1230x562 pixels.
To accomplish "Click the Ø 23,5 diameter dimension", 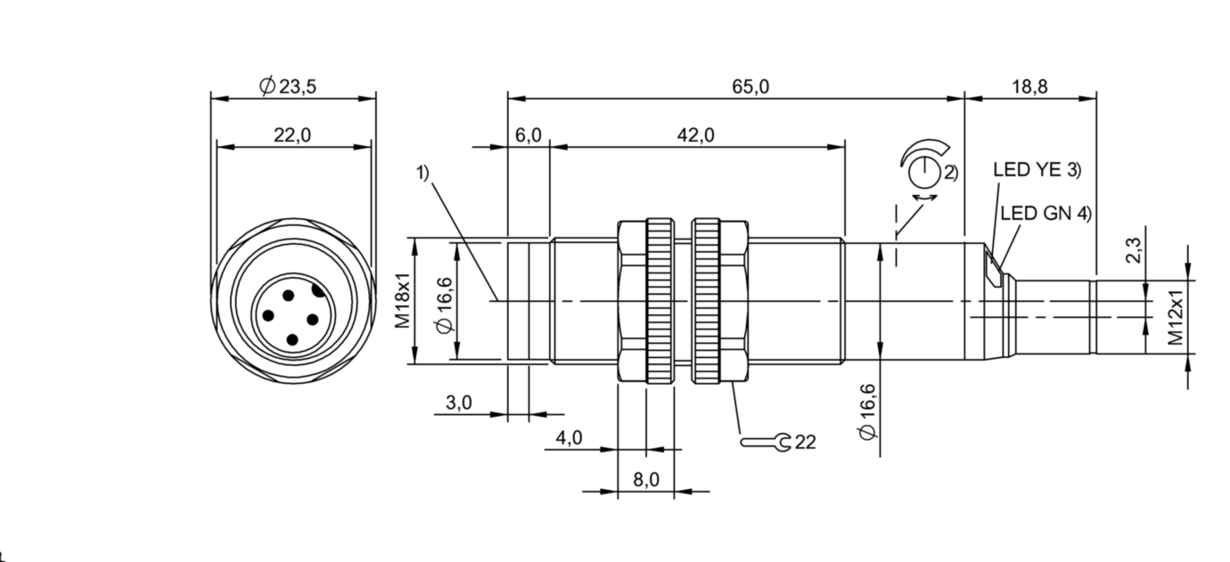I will tap(288, 86).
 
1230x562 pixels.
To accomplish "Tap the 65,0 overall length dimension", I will tap(750, 86).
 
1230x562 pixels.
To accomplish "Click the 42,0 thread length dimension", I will tap(695, 135).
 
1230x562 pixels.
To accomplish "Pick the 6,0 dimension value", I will tap(528, 135).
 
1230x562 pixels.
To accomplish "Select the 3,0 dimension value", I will tap(458, 403).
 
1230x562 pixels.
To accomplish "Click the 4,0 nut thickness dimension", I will tap(569, 438).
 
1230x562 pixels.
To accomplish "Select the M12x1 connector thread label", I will tap(1177, 317).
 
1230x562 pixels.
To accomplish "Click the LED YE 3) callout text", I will tap(1037, 170).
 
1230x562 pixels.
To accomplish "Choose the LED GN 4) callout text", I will tap(1045, 214).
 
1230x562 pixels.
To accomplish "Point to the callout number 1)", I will tap(423, 173).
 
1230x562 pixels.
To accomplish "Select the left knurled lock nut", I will tap(660, 301).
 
